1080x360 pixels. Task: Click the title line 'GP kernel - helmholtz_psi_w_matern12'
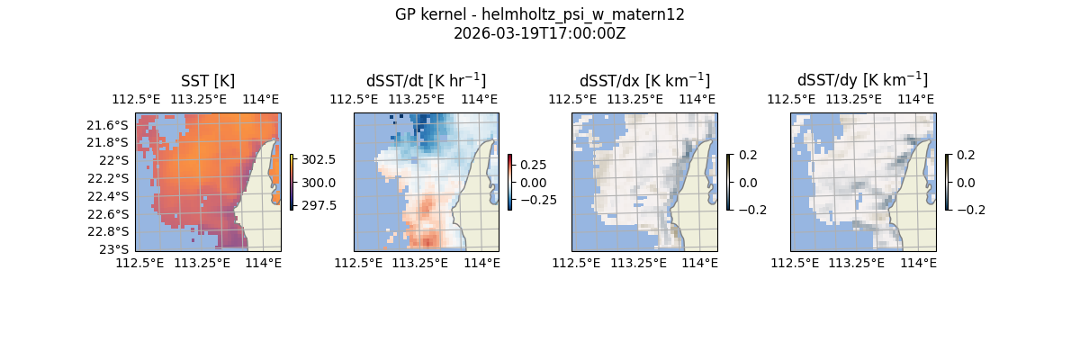pos(540,14)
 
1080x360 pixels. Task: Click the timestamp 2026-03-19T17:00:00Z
pos(540,33)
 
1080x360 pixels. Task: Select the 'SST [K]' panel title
pos(208,81)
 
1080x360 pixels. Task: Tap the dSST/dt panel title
pos(426,81)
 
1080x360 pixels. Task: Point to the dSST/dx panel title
pos(644,81)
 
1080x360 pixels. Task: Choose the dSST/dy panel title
pos(862,81)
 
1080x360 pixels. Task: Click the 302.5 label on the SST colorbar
pos(319,160)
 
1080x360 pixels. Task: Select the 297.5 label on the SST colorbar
pos(319,205)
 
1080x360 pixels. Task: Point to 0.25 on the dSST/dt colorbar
pos(533,165)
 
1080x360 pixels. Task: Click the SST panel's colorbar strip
pos(292,182)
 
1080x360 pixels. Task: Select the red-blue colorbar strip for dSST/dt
pos(509,182)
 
